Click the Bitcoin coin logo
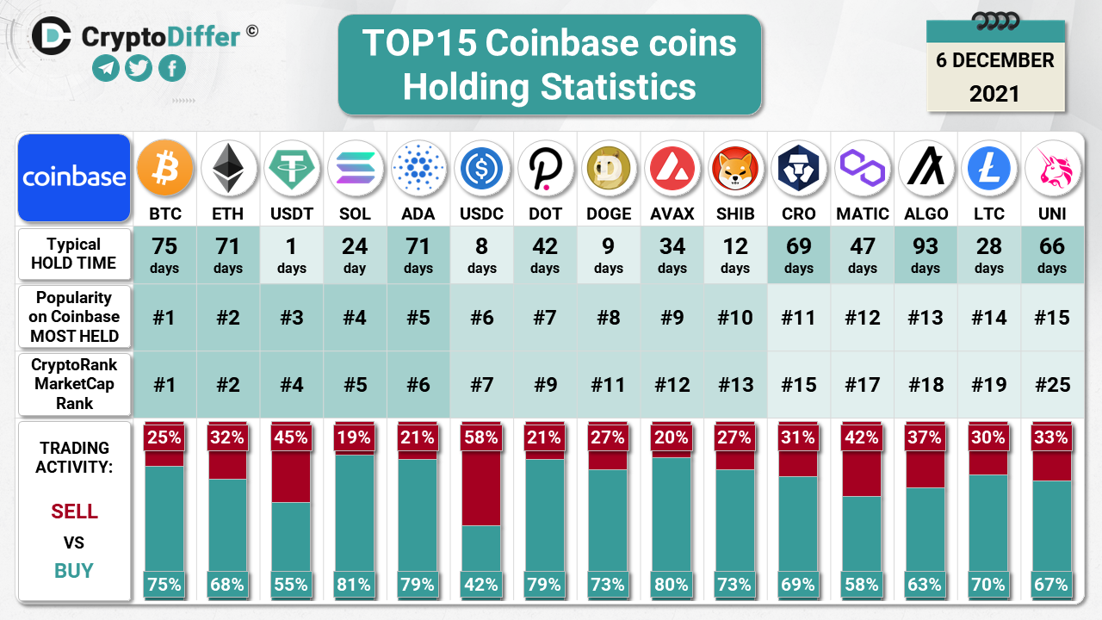pyautogui.click(x=165, y=169)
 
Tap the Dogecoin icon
pyautogui.click(x=609, y=169)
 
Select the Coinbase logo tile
pyautogui.click(x=74, y=177)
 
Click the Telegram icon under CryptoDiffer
pyautogui.click(x=106, y=68)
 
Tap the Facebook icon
pyautogui.click(x=172, y=68)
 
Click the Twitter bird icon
pyautogui.click(x=139, y=68)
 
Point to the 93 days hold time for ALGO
pyautogui.click(x=926, y=255)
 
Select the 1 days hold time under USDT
pyautogui.click(x=292, y=255)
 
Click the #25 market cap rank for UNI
pyautogui.click(x=1052, y=384)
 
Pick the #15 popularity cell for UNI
pyautogui.click(x=1052, y=318)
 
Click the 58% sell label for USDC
pyautogui.click(x=481, y=437)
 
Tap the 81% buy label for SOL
pyautogui.click(x=355, y=585)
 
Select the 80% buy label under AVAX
pyautogui.click(x=672, y=585)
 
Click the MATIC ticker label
pyautogui.click(x=862, y=214)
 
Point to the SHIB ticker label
pyautogui.click(x=735, y=214)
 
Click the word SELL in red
pyautogui.click(x=75, y=512)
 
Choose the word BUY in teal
pyautogui.click(x=74, y=570)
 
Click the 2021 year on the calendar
pyautogui.click(x=994, y=93)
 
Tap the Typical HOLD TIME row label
pyautogui.click(x=74, y=254)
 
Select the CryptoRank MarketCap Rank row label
pyautogui.click(x=74, y=384)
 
